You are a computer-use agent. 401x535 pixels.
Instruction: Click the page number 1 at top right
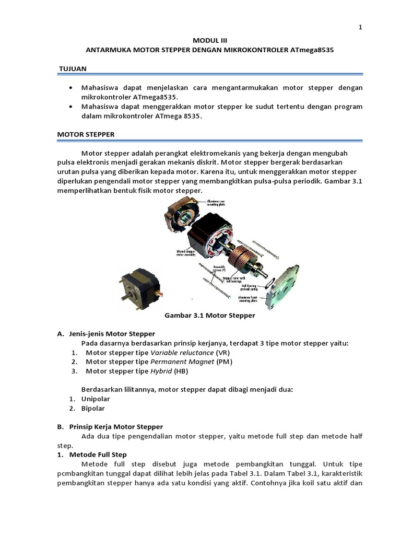point(360,28)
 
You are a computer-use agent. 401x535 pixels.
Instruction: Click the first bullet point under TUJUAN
point(70,87)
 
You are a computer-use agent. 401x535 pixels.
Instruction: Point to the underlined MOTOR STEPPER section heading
point(85,134)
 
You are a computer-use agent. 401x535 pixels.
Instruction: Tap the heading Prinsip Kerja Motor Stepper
point(116,426)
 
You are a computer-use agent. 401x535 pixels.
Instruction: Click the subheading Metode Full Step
point(98,455)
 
